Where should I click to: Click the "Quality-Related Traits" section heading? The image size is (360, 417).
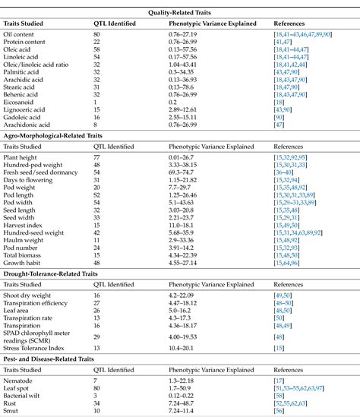[x=179, y=8]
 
